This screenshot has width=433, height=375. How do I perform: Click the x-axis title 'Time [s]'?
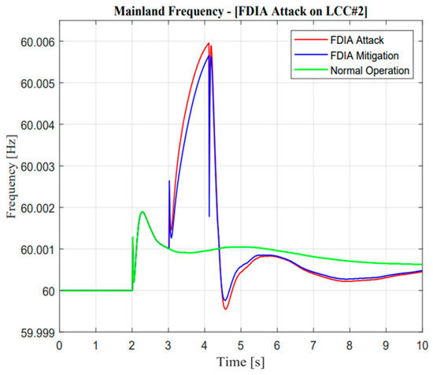click(x=241, y=363)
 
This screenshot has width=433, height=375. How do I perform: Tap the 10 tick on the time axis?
click(x=421, y=345)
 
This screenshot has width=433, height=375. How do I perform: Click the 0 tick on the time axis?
click(x=60, y=345)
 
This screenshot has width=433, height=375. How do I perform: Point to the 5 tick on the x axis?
click(x=241, y=345)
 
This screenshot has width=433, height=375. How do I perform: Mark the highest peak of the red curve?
click(x=209, y=43)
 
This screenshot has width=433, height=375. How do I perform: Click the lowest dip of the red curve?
click(x=225, y=308)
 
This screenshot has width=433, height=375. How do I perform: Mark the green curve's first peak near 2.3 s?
click(x=142, y=211)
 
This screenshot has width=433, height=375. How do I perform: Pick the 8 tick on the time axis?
click(x=350, y=345)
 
